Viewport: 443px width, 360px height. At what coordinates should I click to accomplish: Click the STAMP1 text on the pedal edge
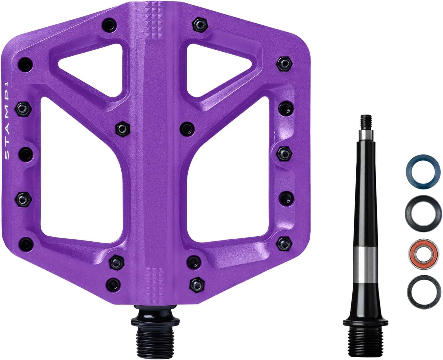(7, 121)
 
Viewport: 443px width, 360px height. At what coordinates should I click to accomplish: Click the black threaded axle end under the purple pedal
(155, 334)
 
